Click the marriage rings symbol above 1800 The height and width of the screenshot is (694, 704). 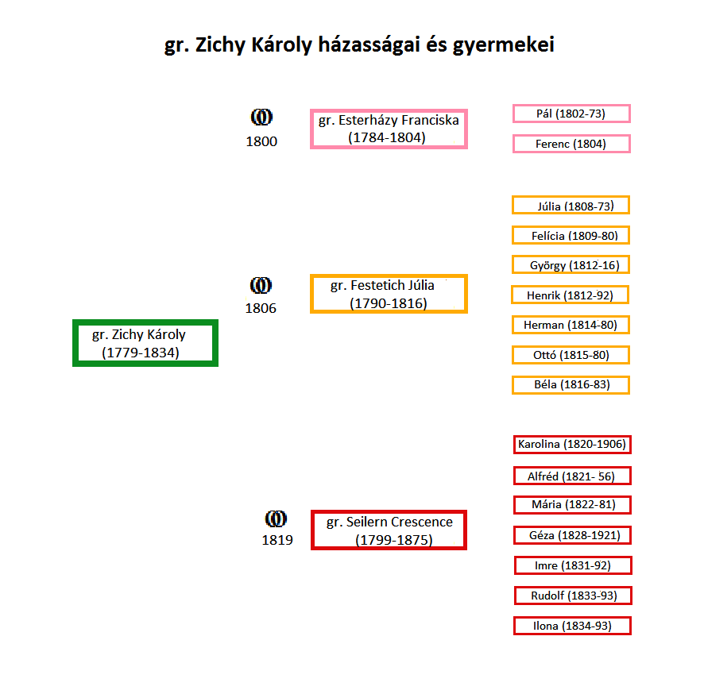pyautogui.click(x=261, y=117)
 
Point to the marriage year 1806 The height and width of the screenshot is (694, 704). pyautogui.click(x=261, y=308)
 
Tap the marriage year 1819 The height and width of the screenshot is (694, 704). pyautogui.click(x=277, y=540)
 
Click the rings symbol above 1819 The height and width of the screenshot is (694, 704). pyautogui.click(x=276, y=519)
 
